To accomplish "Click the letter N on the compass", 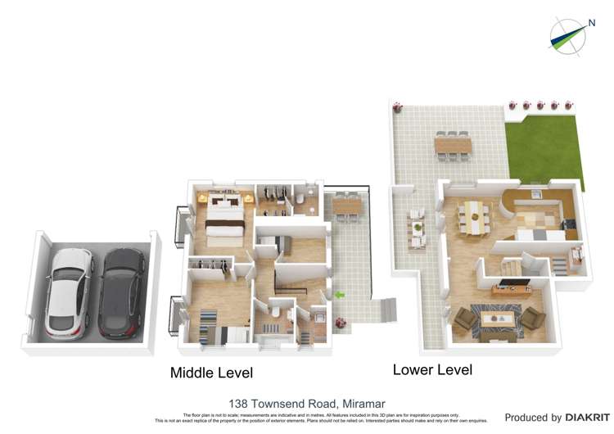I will tap(591, 23).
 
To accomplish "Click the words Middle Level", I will tap(211, 373).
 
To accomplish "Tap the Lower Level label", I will tap(432, 369).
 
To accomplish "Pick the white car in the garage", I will tap(68, 292).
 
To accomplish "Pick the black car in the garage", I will tap(121, 292).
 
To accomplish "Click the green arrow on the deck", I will tap(339, 294).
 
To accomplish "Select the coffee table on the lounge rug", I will tap(499, 315).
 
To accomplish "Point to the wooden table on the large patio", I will tap(451, 145).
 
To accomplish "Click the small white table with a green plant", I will tap(418, 228).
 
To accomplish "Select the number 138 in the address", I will tap(240, 404).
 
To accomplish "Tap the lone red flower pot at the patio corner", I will tap(398, 107).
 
